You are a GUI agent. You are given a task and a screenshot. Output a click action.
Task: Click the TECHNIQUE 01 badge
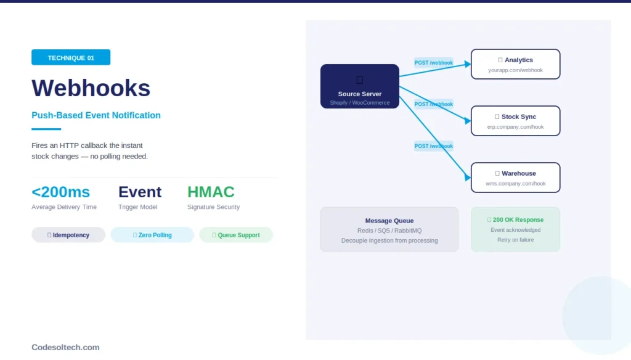pyautogui.click(x=71, y=57)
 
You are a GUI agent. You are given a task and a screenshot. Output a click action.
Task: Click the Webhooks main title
pyautogui.click(x=91, y=88)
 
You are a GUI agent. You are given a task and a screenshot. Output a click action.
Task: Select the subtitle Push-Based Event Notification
pyautogui.click(x=96, y=115)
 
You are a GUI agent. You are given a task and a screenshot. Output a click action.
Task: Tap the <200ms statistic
pyautogui.click(x=60, y=192)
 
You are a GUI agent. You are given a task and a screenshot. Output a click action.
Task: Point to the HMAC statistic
pyautogui.click(x=211, y=192)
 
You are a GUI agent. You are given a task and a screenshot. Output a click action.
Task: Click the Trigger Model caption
pyautogui.click(x=137, y=207)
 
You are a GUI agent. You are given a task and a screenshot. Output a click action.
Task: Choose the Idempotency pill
pyautogui.click(x=68, y=235)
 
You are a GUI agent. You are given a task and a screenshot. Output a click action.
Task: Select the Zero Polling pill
pyautogui.click(x=152, y=235)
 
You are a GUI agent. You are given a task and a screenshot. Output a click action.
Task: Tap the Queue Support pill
pyautogui.click(x=236, y=235)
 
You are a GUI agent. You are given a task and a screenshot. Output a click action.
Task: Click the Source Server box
pyautogui.click(x=360, y=86)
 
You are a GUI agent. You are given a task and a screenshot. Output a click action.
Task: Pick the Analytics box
pyautogui.click(x=515, y=64)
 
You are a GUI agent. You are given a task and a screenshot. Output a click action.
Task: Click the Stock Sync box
pyautogui.click(x=515, y=121)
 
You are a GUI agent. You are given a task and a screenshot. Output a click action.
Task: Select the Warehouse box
pyautogui.click(x=515, y=178)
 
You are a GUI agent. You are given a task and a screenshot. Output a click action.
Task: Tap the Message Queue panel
pyautogui.click(x=389, y=229)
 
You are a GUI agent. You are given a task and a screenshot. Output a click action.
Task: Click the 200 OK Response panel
pyautogui.click(x=515, y=229)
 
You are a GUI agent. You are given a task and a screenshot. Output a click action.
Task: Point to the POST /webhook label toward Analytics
pyautogui.click(x=433, y=62)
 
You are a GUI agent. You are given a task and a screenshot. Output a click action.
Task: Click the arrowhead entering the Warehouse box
pyautogui.click(x=467, y=178)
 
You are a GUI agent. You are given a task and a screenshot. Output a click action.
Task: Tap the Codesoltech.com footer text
pyautogui.click(x=65, y=347)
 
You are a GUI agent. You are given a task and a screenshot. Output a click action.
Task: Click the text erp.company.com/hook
pyautogui.click(x=515, y=127)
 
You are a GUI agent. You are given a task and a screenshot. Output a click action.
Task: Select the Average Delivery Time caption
pyautogui.click(x=64, y=207)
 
